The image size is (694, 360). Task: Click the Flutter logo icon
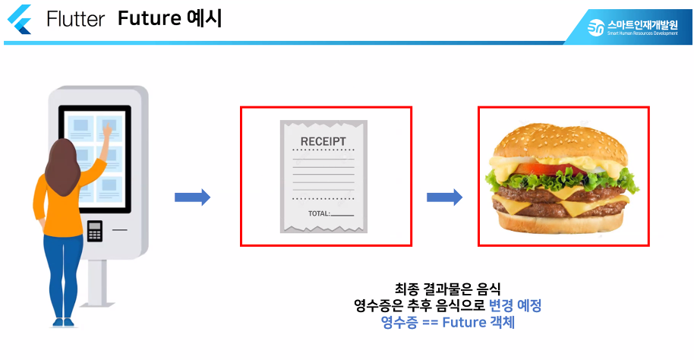pyautogui.click(x=18, y=18)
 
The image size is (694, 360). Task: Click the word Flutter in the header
pyautogui.click(x=75, y=19)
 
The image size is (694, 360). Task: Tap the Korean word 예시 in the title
pyautogui.click(x=203, y=18)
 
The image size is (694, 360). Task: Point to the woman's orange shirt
pyautogui.click(x=61, y=202)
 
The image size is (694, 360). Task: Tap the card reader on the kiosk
pyautogui.click(x=95, y=230)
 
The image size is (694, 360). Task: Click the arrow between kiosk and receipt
pyautogui.click(x=192, y=197)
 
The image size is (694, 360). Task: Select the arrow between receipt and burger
pyautogui.click(x=444, y=197)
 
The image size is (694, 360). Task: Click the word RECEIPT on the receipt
pyautogui.click(x=323, y=141)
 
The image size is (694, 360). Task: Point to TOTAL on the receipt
pyautogui.click(x=319, y=213)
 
